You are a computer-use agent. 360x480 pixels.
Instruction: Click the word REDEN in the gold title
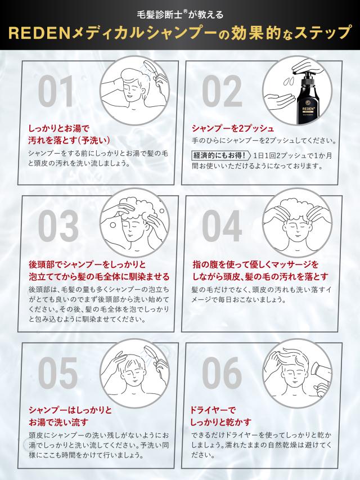click(x=39, y=33)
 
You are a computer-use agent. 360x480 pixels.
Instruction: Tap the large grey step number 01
click(x=56, y=91)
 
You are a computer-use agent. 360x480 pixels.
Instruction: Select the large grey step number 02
click(x=222, y=91)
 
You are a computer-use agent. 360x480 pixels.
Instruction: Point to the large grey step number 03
click(x=58, y=226)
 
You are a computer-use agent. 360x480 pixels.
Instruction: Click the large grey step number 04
click(x=222, y=226)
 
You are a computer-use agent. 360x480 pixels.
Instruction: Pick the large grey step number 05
click(x=58, y=373)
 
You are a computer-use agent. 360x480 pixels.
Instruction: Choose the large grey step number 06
click(x=222, y=373)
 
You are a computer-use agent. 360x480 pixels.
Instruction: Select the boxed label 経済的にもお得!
click(x=219, y=155)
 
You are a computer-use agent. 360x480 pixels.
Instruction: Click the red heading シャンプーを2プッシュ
click(x=233, y=128)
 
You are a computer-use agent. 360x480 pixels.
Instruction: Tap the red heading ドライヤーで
click(x=213, y=410)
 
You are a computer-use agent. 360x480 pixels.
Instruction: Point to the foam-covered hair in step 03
click(x=139, y=208)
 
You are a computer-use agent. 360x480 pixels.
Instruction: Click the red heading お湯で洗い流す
click(x=58, y=422)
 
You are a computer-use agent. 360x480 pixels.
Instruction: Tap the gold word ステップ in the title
click(x=322, y=33)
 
